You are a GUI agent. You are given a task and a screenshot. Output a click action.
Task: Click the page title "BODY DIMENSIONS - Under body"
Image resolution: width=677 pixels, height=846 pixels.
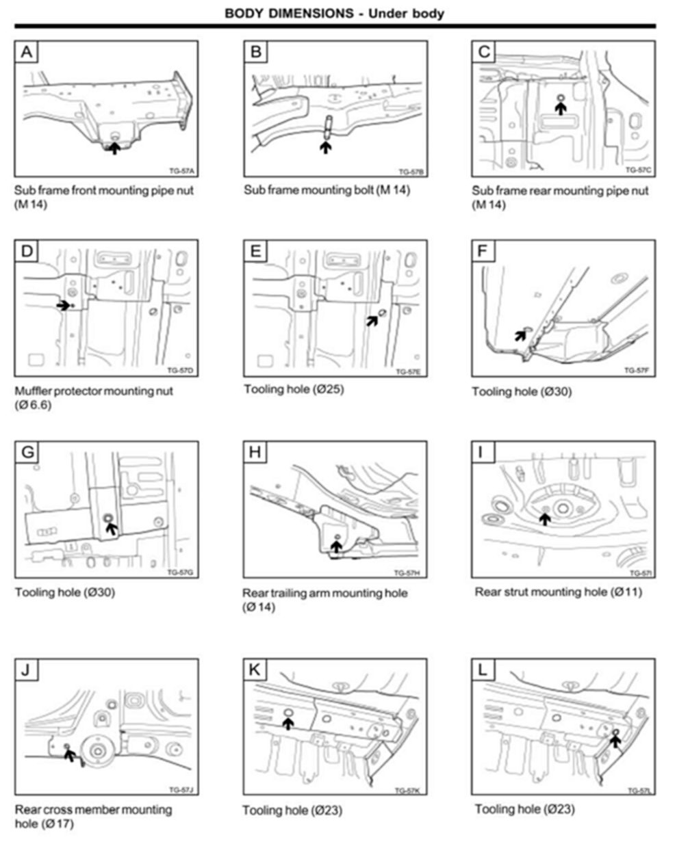[335, 13]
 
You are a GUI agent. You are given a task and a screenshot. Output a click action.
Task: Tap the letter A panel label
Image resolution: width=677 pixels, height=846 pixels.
[26, 51]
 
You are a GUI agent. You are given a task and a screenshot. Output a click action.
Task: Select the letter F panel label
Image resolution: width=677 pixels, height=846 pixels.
[483, 251]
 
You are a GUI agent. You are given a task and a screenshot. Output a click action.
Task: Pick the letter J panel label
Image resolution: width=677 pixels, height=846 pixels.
[25, 670]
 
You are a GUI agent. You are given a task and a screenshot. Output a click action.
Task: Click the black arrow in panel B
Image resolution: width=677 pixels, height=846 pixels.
[327, 145]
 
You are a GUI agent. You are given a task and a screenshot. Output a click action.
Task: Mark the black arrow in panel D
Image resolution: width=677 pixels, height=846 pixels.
[63, 305]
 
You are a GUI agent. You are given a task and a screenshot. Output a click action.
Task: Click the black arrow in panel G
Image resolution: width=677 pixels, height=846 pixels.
[111, 527]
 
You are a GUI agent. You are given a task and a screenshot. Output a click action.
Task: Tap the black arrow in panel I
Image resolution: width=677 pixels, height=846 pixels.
[544, 518]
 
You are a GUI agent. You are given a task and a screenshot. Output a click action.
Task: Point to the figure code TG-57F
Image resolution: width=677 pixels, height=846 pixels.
[636, 370]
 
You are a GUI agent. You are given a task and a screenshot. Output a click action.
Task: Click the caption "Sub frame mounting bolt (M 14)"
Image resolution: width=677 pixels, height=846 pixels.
[327, 189]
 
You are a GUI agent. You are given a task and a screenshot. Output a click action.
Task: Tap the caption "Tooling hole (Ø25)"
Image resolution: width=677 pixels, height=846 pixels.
[294, 389]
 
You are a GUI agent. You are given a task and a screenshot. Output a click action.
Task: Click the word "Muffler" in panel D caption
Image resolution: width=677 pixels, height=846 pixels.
[34, 391]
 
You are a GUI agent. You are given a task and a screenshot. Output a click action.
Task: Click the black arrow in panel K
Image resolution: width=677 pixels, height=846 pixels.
[288, 722]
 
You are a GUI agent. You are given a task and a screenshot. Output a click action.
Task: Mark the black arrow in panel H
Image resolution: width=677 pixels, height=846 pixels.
[335, 546]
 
